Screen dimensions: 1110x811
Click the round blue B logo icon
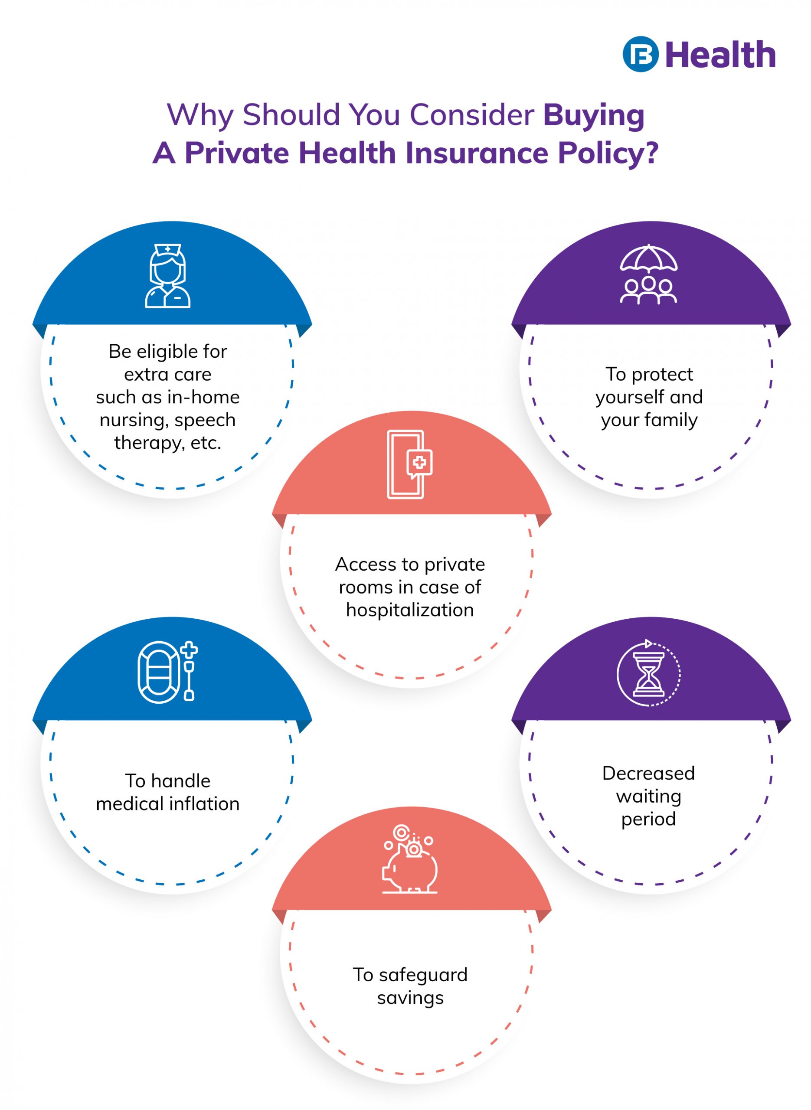pos(640,54)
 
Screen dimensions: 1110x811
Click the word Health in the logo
pos(721,55)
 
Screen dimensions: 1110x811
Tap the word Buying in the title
pos(594,116)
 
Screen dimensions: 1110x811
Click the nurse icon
pos(168,276)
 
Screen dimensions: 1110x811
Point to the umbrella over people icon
pos(648,274)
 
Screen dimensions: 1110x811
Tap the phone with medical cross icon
pos(409,464)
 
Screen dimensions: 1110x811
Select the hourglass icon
pos(648,674)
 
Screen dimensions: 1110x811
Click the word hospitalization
pos(410,610)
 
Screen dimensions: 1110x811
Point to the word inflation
pos(211,804)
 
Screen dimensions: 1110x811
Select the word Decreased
pos(648,774)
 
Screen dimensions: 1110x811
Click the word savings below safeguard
pos(410,998)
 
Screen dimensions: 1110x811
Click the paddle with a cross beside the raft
pos(189,671)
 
